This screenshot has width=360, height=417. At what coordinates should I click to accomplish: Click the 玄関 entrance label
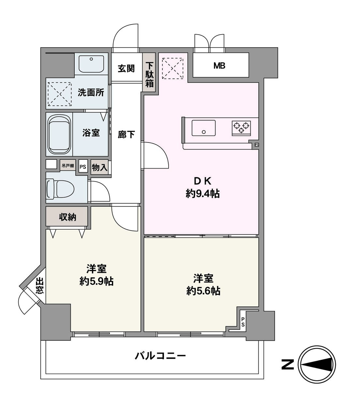point(126,68)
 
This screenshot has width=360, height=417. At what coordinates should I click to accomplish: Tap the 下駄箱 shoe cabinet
point(149,75)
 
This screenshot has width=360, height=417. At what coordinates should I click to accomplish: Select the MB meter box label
point(219,66)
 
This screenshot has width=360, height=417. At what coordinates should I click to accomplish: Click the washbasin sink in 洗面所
point(92,64)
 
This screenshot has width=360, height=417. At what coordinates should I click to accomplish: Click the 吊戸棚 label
point(68,166)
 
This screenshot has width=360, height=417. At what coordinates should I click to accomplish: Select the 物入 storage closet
point(99,168)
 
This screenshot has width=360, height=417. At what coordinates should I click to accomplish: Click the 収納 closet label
point(67,217)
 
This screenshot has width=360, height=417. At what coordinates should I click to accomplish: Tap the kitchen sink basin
point(203,128)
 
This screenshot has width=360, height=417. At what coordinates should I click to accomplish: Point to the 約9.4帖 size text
point(202,194)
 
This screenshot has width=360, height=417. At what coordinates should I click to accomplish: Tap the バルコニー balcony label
point(160,355)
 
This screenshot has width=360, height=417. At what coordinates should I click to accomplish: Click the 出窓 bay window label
point(40,286)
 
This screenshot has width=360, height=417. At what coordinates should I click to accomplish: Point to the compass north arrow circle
point(318,364)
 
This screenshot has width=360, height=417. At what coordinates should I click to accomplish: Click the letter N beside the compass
point(287,364)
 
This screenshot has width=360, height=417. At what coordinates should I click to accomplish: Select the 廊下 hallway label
point(126,134)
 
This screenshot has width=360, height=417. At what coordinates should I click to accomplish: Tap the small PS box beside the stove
point(257,145)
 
